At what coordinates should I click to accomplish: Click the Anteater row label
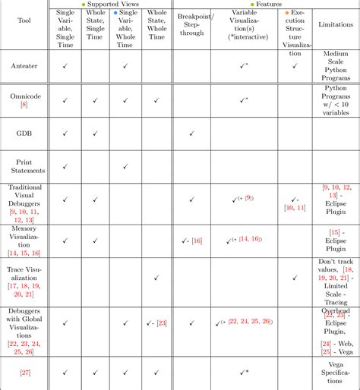click(x=24, y=67)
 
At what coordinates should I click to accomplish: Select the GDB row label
click(x=24, y=134)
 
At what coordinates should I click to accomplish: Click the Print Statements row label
click(x=24, y=166)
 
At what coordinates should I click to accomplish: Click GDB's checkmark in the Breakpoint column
click(x=192, y=134)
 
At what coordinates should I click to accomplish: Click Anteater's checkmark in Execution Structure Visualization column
click(x=295, y=67)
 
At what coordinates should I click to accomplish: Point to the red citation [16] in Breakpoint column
click(x=197, y=241)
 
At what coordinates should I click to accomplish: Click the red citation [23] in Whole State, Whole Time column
click(x=161, y=323)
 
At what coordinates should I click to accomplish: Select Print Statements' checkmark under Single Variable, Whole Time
click(x=125, y=166)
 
